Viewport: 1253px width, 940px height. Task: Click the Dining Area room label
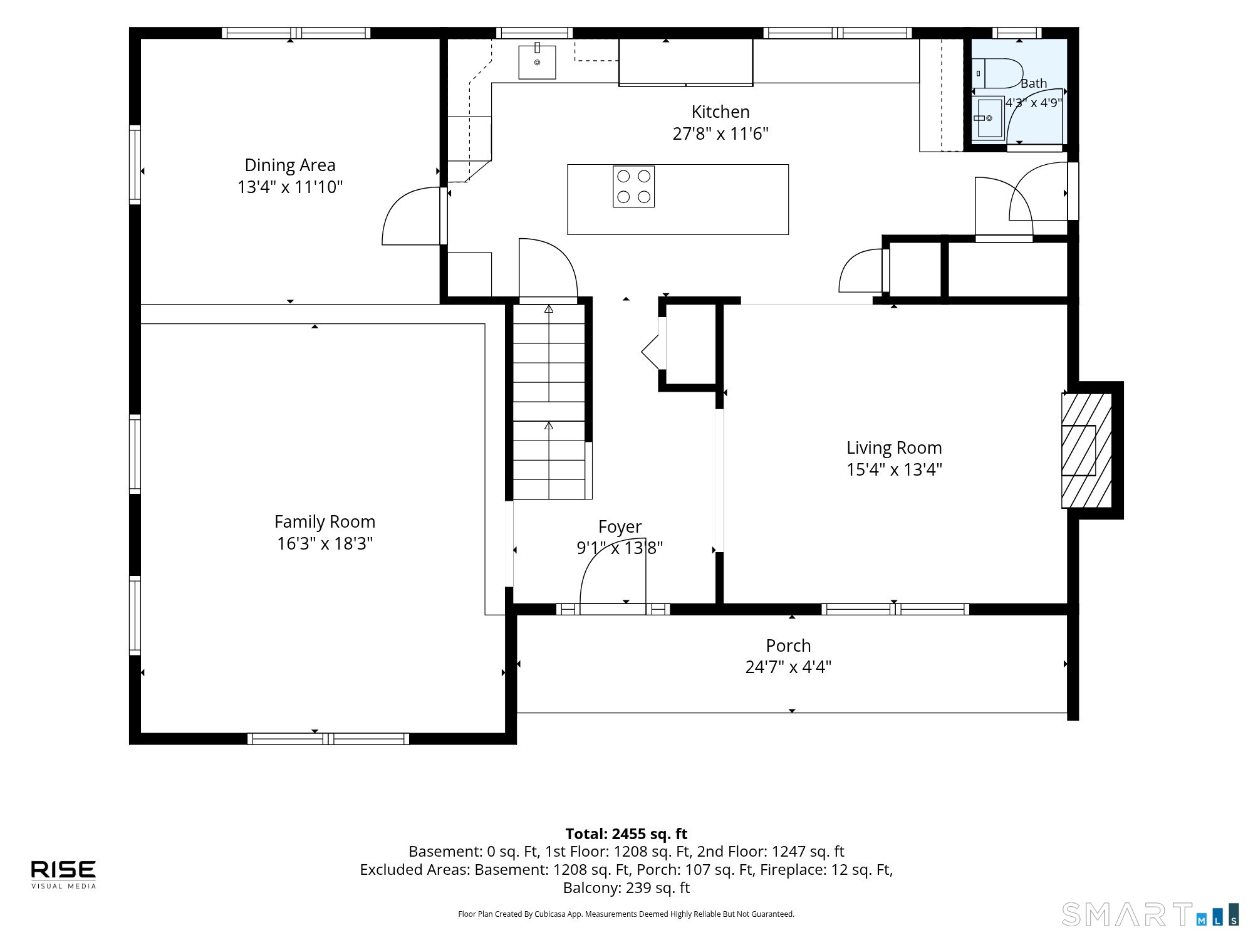pyautogui.click(x=290, y=165)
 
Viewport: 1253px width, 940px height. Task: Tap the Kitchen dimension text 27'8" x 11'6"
pyautogui.click(x=720, y=133)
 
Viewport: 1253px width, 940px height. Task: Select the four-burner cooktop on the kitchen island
pyautogui.click(x=633, y=186)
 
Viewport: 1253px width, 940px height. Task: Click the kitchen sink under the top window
pyautogui.click(x=537, y=62)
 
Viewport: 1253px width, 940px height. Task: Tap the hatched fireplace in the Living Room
pyautogui.click(x=1086, y=450)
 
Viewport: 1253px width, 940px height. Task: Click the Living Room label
pyautogui.click(x=894, y=447)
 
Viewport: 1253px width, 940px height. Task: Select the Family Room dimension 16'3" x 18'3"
pyautogui.click(x=325, y=543)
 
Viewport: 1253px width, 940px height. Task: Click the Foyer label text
pyautogui.click(x=620, y=527)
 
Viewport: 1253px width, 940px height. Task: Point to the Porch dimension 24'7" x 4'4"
pyautogui.click(x=788, y=667)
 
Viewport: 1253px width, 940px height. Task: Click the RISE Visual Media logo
pyautogui.click(x=63, y=874)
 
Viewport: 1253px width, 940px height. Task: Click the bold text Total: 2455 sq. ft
pyautogui.click(x=626, y=834)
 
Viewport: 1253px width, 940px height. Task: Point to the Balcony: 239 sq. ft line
pyautogui.click(x=626, y=888)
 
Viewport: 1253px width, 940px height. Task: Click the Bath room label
pyautogui.click(x=1034, y=83)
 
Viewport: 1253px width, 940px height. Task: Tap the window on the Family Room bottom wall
pyautogui.click(x=328, y=739)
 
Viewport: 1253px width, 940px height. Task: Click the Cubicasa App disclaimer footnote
pyautogui.click(x=626, y=914)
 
